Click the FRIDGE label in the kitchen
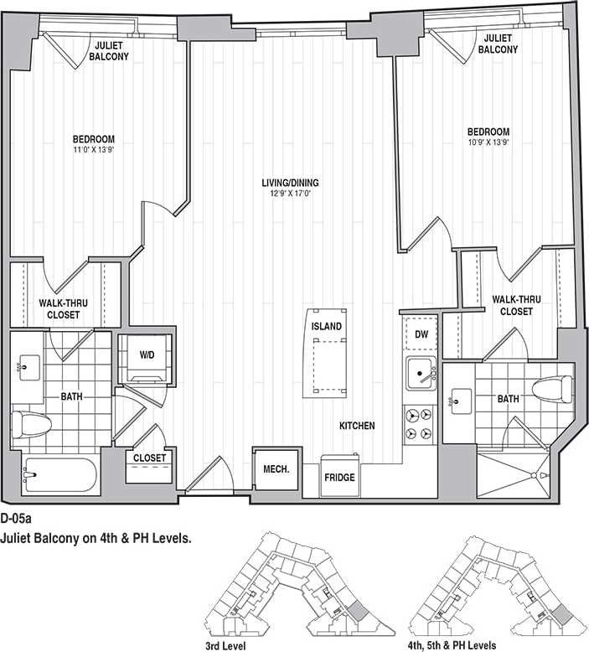tap(339, 478)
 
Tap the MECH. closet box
tap(276, 469)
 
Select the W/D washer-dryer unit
tap(147, 355)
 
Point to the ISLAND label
tap(326, 326)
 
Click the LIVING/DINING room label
tap(290, 184)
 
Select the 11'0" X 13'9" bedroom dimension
tap(93, 150)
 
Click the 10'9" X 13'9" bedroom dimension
tap(488, 143)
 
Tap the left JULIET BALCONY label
tap(111, 51)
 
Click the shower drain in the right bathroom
tap(531, 476)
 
